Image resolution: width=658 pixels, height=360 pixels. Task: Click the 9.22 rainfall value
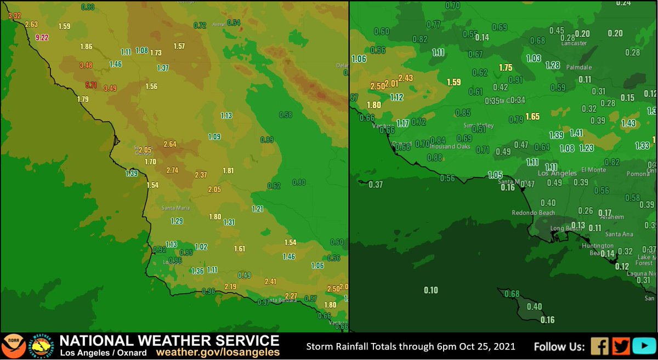[x=42, y=38]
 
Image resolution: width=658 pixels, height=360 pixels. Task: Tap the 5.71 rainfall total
[x=91, y=85]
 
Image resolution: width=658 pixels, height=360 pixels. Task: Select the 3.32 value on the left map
[x=14, y=16]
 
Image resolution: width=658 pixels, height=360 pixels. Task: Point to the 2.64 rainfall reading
[x=170, y=144]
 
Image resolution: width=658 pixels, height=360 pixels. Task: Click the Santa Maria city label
[x=173, y=208]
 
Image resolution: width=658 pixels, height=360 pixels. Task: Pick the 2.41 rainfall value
[x=270, y=282]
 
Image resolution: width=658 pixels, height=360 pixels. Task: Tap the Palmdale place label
[x=581, y=67]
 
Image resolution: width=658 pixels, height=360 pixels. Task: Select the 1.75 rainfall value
[x=506, y=68]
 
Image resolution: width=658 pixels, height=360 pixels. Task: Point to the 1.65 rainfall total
[x=532, y=116]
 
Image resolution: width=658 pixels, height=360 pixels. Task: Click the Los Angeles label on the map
[x=557, y=173]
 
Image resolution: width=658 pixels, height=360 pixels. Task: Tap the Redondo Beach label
[x=533, y=213]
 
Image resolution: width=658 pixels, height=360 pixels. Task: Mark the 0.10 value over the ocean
[x=431, y=290]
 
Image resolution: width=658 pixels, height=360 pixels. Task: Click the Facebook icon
[x=599, y=346]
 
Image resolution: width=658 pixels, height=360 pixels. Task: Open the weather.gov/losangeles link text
[x=218, y=352]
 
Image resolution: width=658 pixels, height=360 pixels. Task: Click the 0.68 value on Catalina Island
[x=511, y=294]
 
